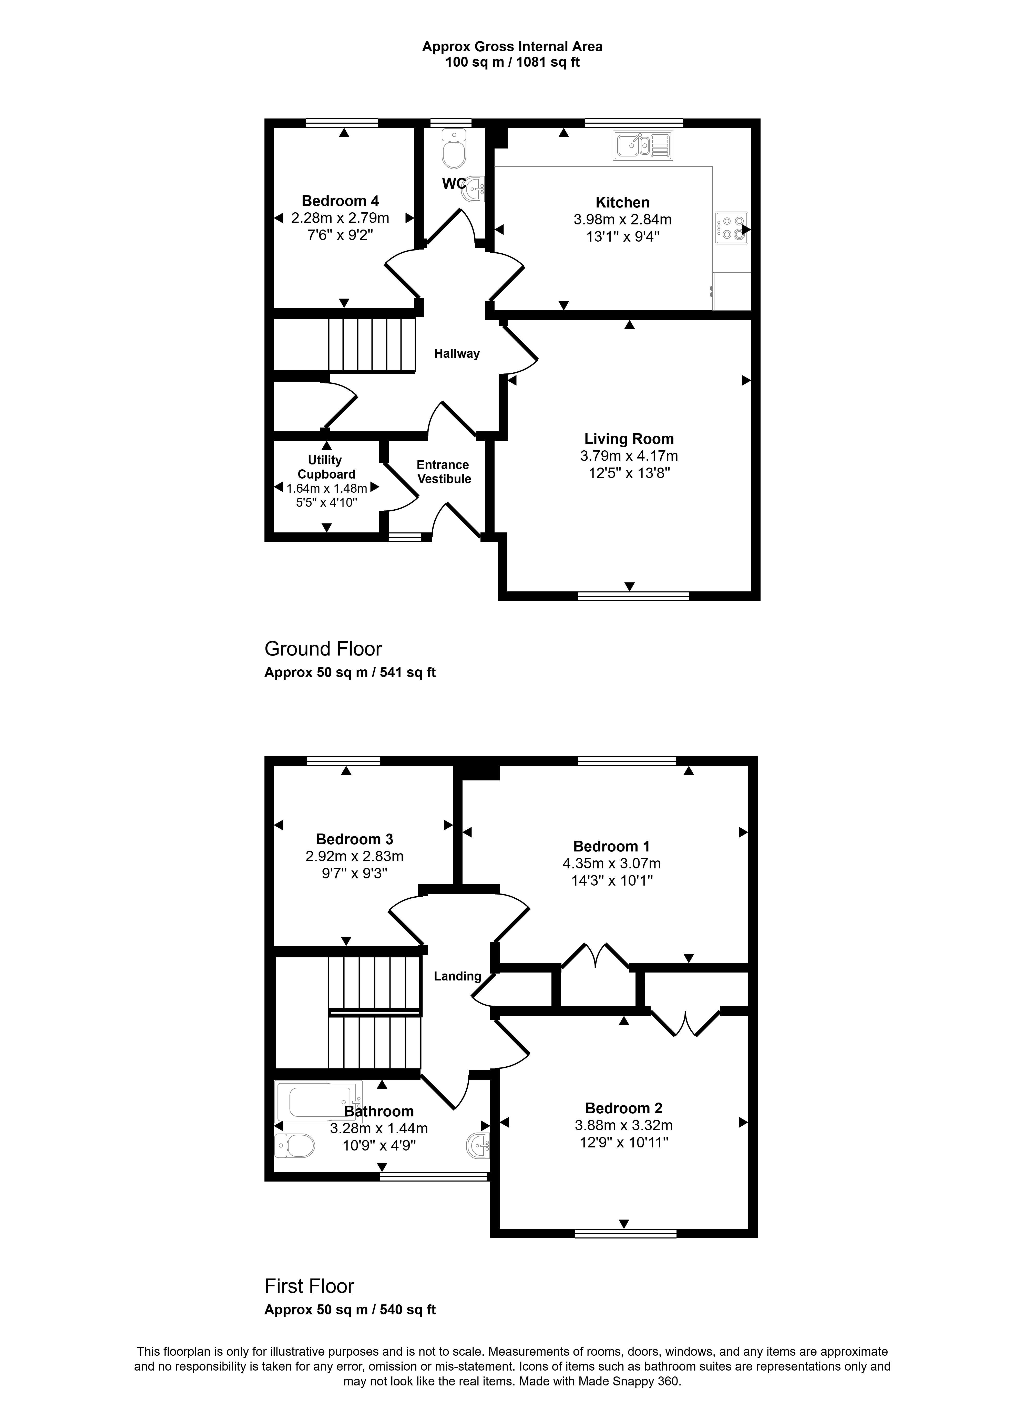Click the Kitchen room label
[622, 202]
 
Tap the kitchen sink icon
[643, 145]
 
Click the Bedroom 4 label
[340, 201]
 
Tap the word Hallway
[457, 354]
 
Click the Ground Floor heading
[323, 649]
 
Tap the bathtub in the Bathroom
[318, 1102]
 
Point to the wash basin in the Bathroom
[478, 1145]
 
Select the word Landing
[457, 977]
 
